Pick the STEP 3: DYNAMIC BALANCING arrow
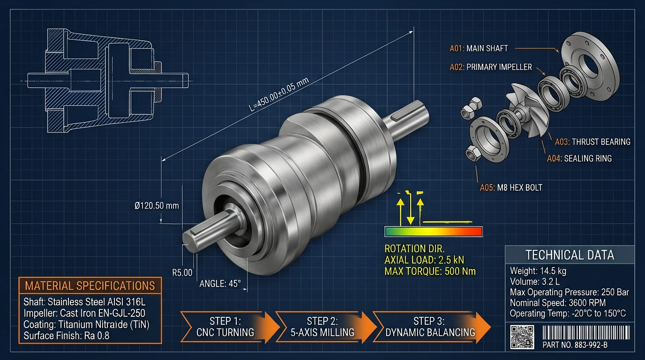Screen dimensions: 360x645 [x=429, y=327]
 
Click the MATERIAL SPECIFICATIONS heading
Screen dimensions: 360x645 [x=90, y=285]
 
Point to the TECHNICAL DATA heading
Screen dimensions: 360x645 [x=570, y=255]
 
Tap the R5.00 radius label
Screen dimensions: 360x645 [x=182, y=272]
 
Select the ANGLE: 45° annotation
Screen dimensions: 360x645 [x=220, y=284]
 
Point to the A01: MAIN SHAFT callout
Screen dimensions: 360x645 [x=479, y=48]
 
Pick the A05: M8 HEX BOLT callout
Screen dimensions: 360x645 [x=511, y=187]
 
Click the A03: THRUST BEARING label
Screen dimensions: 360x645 [x=592, y=142]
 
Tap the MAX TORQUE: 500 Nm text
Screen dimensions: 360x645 [x=430, y=271]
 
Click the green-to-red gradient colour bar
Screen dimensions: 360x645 [x=433, y=232]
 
